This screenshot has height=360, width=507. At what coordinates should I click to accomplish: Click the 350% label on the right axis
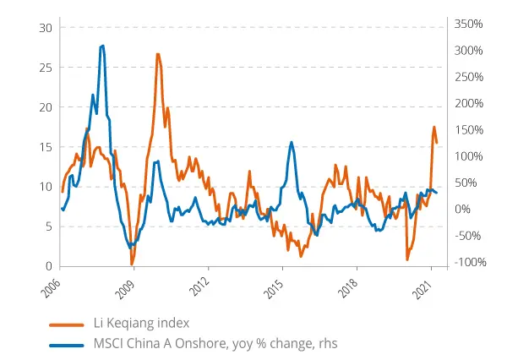(x=466, y=25)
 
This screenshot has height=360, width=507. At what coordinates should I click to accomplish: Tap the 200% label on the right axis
(x=466, y=104)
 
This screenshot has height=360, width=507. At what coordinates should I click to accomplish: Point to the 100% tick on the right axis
(x=466, y=156)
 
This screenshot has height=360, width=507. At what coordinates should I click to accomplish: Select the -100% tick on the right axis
(x=466, y=262)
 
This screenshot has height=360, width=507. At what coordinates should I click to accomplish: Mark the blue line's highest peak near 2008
(x=102, y=46)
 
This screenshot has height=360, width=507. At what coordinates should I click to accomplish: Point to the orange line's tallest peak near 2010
(x=158, y=54)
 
